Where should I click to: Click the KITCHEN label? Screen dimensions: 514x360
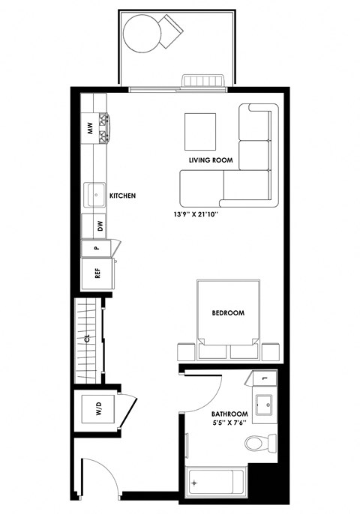[122, 196]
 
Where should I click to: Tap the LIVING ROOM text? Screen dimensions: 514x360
[211, 161]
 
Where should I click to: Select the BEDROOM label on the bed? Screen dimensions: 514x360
[229, 312]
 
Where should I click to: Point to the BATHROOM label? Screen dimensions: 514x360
[229, 414]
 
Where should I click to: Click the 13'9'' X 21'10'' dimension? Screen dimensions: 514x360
[199, 212]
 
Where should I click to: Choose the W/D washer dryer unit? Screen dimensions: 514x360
[97, 411]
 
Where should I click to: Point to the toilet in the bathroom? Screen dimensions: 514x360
[256, 444]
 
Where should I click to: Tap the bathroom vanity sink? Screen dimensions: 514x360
[264, 405]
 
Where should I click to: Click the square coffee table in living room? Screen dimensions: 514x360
[200, 130]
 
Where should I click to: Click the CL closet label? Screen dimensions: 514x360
[87, 338]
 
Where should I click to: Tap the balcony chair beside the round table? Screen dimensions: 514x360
[172, 31]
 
